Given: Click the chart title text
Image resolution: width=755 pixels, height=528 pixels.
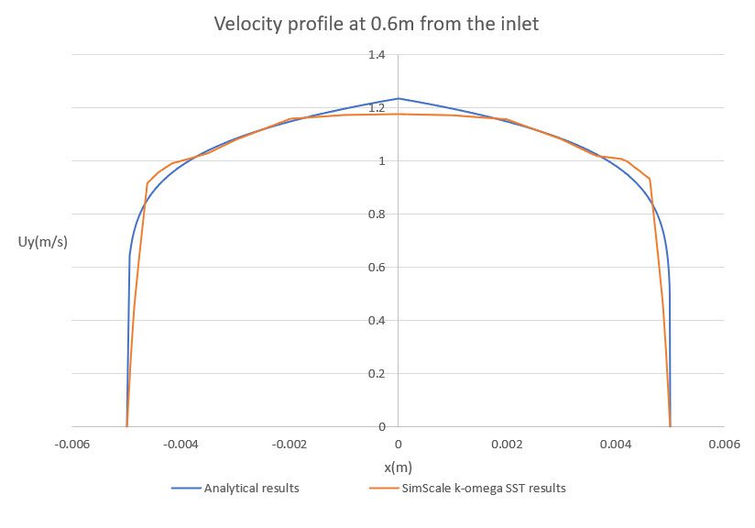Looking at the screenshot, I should pos(377,24).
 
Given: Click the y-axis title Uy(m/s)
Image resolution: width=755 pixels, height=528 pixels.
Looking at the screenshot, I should pos(43,243).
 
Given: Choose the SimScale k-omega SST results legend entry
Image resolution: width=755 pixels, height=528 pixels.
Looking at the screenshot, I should pos(483,489).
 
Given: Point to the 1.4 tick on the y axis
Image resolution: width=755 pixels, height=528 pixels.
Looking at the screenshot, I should pos(377,56).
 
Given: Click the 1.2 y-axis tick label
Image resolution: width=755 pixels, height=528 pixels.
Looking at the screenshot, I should pos(377,109).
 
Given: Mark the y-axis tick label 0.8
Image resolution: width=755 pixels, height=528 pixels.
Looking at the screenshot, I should pos(377,214).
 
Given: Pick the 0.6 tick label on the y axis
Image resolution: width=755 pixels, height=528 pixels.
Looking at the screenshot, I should pos(377,268).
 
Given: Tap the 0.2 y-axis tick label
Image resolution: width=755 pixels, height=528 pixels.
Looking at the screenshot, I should pos(377,374).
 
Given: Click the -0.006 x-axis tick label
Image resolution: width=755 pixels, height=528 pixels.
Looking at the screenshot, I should pos(71,445).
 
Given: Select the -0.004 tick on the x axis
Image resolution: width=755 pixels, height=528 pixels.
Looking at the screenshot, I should pos(181,445).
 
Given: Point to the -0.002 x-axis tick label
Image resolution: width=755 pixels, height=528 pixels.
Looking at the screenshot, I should pos(289,445).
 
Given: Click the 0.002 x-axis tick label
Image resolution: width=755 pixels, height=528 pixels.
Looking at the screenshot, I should pos(507,445).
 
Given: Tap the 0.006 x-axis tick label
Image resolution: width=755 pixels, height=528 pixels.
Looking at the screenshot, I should pos(724,445).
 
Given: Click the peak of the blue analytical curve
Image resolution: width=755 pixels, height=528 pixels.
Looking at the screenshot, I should pos(398,98).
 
